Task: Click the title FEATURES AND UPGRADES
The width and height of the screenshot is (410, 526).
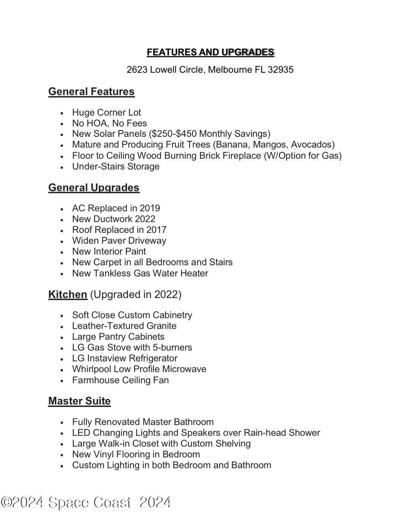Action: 210,52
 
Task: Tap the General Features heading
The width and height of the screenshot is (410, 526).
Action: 91,91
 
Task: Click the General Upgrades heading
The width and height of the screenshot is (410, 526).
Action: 94,187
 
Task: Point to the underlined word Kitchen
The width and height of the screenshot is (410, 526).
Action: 67,294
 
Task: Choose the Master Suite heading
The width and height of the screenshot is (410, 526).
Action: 79,401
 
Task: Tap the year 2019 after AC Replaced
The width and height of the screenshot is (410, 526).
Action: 150,208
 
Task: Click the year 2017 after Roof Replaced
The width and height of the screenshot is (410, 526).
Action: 156,230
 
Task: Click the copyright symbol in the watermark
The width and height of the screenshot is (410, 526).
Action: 6,502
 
